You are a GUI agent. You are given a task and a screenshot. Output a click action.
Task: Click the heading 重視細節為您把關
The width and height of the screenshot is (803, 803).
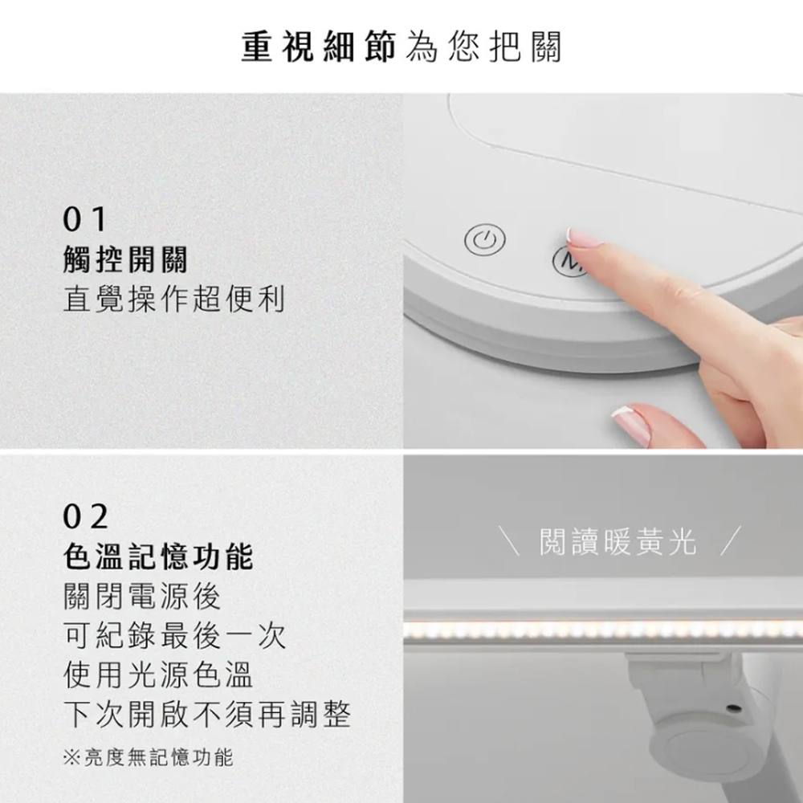[401, 47]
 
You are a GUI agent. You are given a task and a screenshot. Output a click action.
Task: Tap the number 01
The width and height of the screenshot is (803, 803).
[84, 219]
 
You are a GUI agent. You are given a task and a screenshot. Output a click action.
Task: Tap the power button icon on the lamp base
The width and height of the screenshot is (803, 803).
[484, 241]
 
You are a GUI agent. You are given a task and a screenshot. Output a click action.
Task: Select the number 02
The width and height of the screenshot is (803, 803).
[86, 517]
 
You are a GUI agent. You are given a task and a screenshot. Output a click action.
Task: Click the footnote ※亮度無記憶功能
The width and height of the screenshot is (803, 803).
[148, 757]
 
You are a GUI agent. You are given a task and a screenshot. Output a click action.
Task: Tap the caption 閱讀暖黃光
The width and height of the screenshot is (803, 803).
[617, 544]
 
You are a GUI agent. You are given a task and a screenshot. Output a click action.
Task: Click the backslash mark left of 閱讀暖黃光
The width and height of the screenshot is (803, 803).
[509, 544]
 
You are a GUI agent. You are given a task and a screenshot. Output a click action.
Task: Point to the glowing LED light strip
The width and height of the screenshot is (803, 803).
[602, 630]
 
